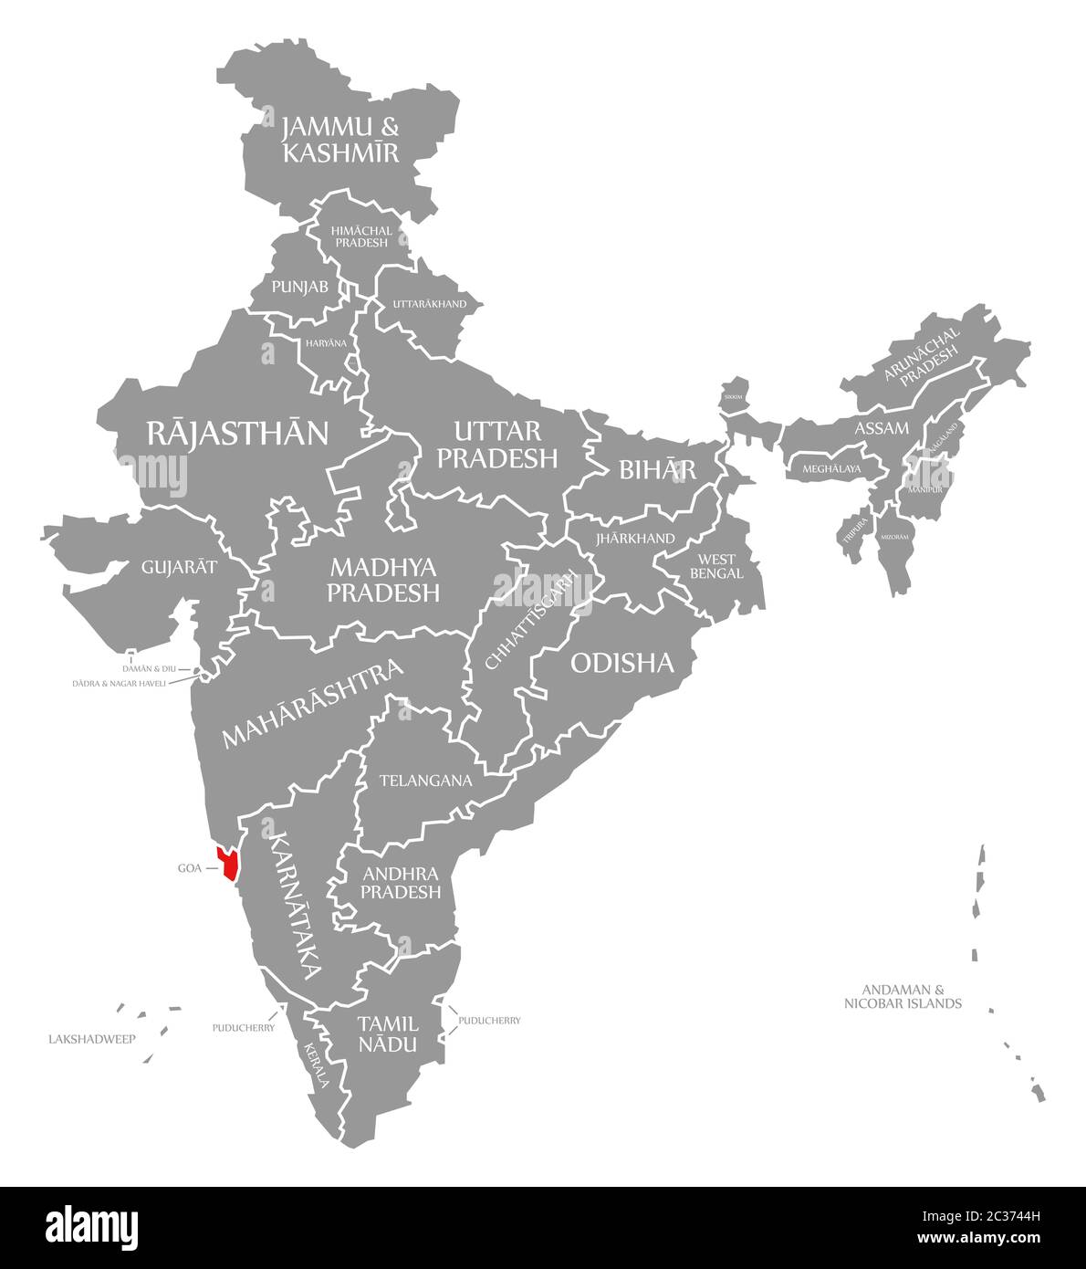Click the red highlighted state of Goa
coord(226,862)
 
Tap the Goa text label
coord(189,868)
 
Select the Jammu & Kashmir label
coord(340,140)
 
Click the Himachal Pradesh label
coord(360,236)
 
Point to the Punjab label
coord(300,287)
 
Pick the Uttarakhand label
coord(429,303)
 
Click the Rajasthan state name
coord(237,433)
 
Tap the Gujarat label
coord(179,567)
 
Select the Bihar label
coord(657,469)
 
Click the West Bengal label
coord(716,566)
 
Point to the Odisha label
coord(621,663)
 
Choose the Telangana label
coord(425,781)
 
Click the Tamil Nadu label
coord(388,1033)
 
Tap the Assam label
coord(881,427)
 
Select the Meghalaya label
coord(831,469)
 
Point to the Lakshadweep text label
coord(91,1039)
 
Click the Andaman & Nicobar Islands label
coord(903,996)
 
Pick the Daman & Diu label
coord(149,669)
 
